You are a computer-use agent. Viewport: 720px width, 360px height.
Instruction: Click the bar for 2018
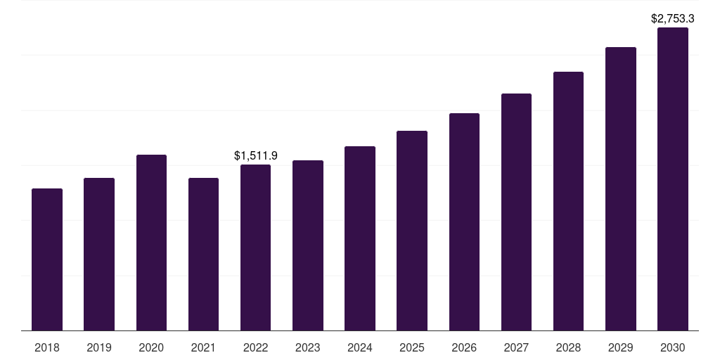click(47, 259)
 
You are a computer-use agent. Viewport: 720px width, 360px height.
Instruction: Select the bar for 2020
click(151, 243)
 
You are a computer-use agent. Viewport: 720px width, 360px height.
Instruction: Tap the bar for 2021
click(203, 254)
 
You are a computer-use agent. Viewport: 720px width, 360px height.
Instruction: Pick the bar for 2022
click(255, 247)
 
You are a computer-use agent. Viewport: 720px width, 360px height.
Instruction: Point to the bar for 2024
click(360, 238)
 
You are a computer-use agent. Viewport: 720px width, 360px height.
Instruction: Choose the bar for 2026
click(464, 221)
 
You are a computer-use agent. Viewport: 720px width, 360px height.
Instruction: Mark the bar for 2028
click(568, 201)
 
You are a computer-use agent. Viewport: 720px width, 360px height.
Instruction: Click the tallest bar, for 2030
click(673, 179)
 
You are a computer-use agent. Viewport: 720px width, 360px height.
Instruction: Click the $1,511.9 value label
click(256, 155)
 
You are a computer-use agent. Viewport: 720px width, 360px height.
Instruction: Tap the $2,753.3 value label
click(673, 18)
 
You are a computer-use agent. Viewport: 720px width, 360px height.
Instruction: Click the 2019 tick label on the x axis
click(99, 347)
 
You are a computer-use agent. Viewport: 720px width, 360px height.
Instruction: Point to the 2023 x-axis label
click(308, 347)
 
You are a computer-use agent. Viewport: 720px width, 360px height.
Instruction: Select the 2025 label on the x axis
click(412, 347)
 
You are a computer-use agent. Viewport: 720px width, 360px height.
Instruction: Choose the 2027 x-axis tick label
click(516, 347)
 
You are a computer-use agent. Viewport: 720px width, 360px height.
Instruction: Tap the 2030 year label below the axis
click(673, 347)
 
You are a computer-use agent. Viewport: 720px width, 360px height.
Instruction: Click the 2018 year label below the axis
click(47, 347)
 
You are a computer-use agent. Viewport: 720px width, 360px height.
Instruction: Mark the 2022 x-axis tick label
click(255, 347)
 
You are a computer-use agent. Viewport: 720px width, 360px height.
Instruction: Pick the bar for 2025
click(412, 231)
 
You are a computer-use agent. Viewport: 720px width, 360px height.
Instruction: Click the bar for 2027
click(516, 212)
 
